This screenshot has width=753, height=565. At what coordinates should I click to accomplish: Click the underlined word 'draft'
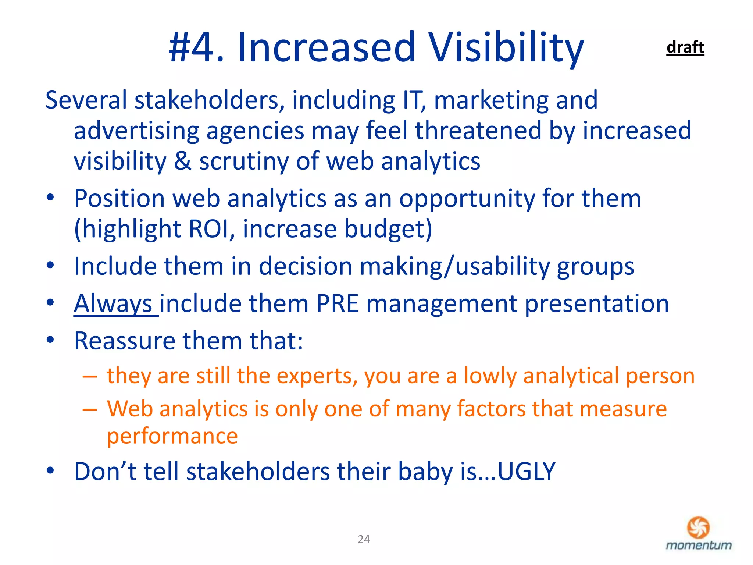685,47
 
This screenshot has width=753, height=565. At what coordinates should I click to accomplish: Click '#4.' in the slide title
196,48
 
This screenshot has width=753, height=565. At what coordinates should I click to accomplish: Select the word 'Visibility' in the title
506,48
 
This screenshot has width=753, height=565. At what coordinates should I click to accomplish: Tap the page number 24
364,539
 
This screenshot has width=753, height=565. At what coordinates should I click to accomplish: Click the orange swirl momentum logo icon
698,527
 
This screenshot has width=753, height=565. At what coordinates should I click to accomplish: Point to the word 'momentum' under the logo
699,545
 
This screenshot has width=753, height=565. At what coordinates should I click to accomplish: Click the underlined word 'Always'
113,303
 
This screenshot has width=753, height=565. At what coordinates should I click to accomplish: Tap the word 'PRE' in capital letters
337,303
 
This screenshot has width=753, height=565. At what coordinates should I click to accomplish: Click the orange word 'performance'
172,436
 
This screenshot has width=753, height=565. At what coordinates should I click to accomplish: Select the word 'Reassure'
124,341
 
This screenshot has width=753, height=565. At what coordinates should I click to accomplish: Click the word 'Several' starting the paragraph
86,100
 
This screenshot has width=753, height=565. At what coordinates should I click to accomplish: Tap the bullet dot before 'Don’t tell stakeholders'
50,470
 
